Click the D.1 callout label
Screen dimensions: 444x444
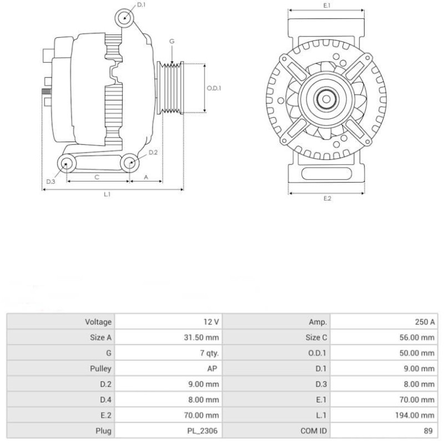click(x=141, y=4)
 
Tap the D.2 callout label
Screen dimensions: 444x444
click(x=153, y=152)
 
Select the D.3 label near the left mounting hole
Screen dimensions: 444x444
click(x=51, y=181)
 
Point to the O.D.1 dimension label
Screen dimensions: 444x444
click(x=214, y=88)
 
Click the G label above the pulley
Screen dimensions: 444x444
click(x=172, y=42)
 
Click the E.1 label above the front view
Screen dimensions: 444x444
click(x=327, y=6)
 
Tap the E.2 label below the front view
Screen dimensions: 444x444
click(x=327, y=199)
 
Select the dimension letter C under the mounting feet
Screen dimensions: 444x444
click(x=97, y=177)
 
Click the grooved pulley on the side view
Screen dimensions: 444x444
click(x=171, y=89)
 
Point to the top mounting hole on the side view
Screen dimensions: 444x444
click(x=125, y=18)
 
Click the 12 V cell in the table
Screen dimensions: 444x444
click(x=211, y=321)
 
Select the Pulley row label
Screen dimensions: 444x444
click(x=100, y=368)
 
